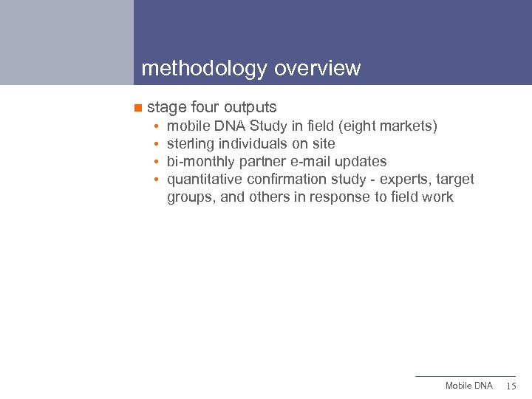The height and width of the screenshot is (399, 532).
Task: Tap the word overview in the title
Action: tap(317, 69)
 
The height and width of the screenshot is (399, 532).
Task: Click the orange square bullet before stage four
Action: tap(137, 108)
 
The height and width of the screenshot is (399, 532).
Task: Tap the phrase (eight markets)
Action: tap(389, 126)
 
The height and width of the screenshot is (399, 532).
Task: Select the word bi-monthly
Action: tap(201, 162)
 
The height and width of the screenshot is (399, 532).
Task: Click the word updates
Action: tap(361, 162)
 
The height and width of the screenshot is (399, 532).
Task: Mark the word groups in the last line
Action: tap(191, 197)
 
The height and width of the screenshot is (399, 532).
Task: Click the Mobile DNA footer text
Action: tap(468, 386)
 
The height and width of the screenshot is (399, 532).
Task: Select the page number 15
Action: tap(511, 386)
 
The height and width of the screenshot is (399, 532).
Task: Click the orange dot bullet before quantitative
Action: tap(158, 180)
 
